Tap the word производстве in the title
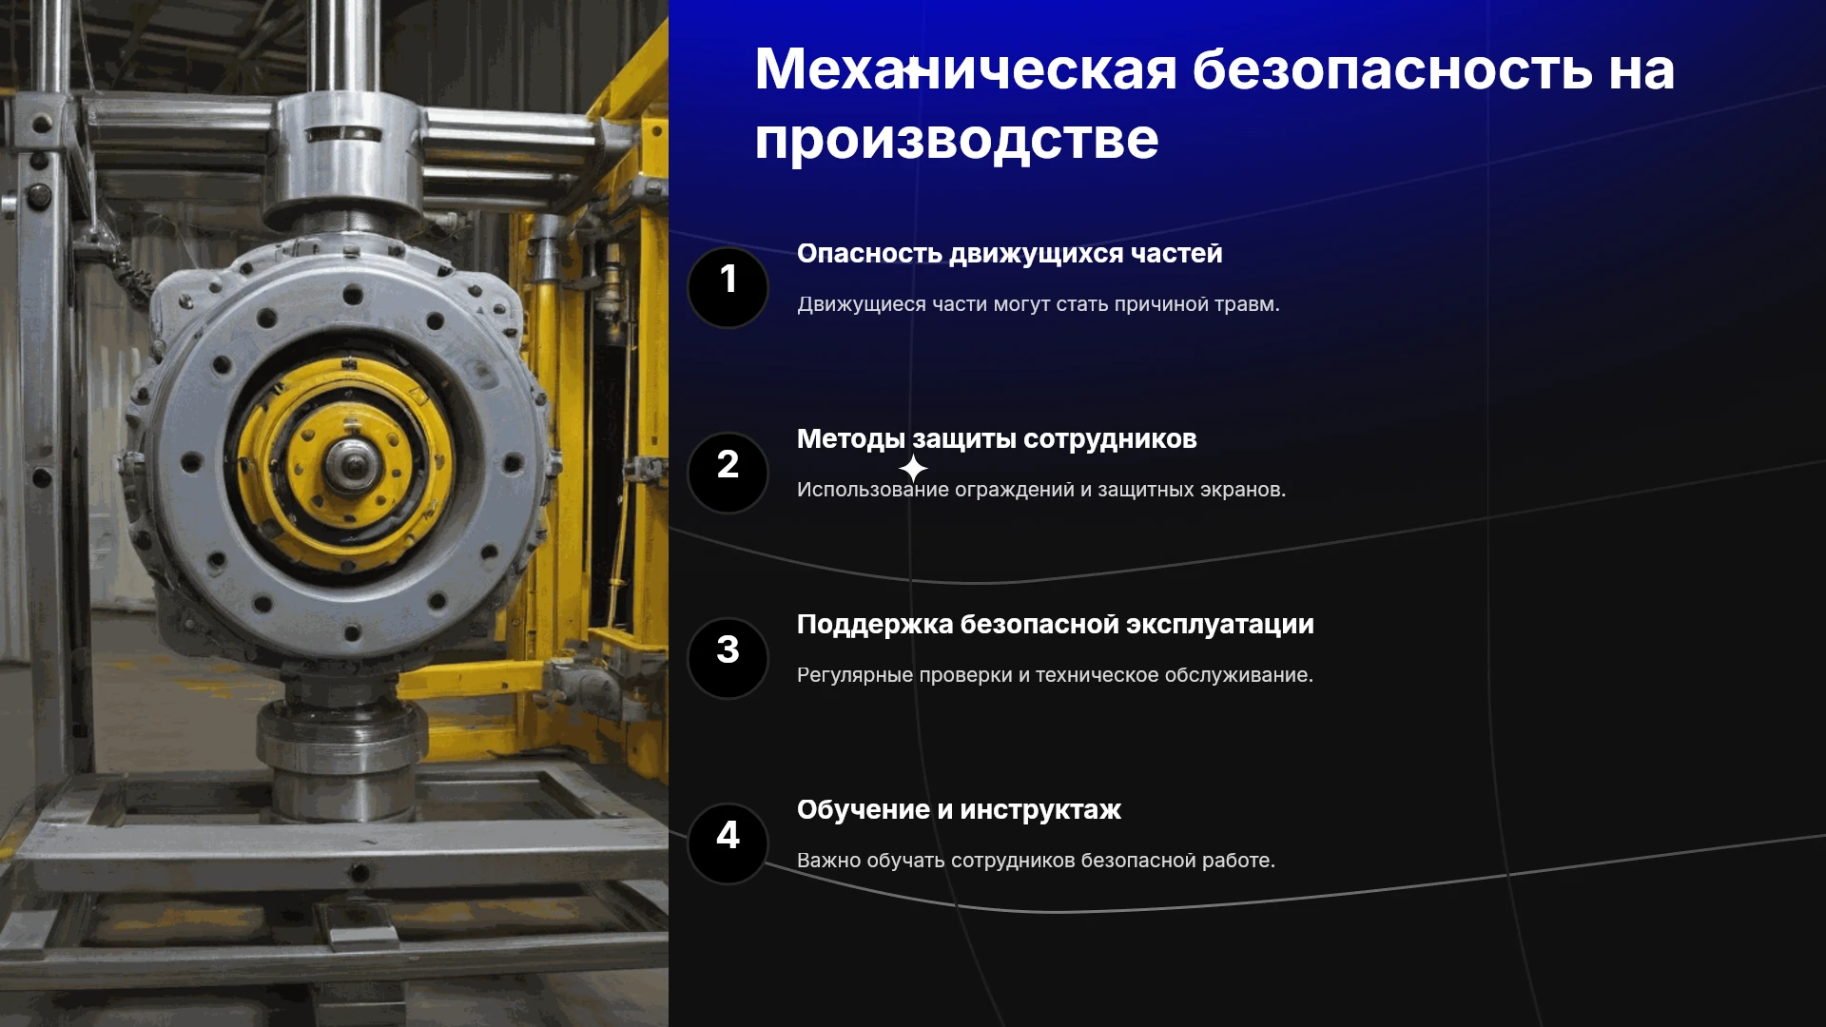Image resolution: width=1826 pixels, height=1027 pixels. (957, 141)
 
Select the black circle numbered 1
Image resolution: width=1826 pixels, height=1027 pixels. (728, 287)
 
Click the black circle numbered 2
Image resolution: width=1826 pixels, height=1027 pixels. (728, 473)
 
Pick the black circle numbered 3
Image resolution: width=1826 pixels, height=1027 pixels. (728, 658)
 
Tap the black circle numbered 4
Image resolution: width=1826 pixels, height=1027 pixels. (728, 843)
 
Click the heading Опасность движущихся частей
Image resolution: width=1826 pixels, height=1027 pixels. (1009, 254)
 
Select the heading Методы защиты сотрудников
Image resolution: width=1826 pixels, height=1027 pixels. (997, 439)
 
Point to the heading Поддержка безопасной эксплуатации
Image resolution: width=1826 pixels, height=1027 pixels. (1056, 625)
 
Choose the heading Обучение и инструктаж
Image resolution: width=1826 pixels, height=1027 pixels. (959, 810)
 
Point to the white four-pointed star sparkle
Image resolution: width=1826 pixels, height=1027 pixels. (913, 468)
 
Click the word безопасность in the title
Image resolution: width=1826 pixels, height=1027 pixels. (1392, 69)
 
